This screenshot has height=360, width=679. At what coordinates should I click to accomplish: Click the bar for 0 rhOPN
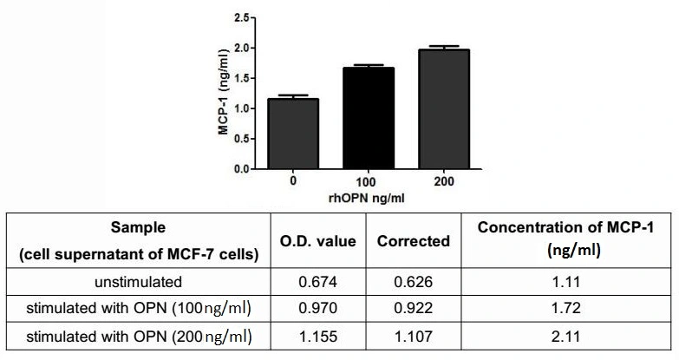294,134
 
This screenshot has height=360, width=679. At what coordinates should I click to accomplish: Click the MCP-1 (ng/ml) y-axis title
223,92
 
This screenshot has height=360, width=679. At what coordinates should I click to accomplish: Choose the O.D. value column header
323,241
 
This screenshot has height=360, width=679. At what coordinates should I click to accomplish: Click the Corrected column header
413,241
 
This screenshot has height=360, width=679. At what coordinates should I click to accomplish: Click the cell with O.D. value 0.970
323,309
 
